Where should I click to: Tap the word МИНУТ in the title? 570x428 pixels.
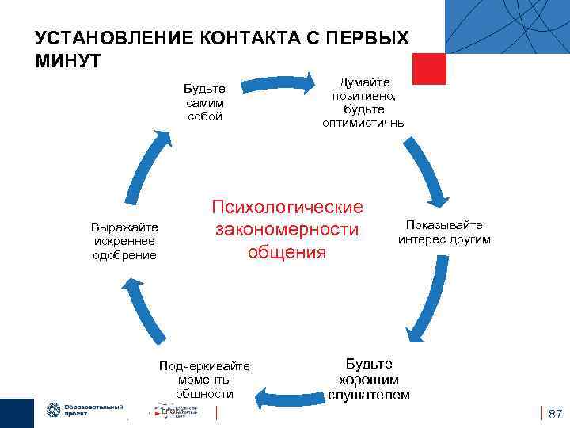[x=67, y=61]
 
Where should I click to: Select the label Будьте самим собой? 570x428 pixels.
[x=205, y=102]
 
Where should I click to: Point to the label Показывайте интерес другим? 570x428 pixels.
[x=444, y=232]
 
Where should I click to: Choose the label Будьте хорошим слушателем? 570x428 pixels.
[x=369, y=379]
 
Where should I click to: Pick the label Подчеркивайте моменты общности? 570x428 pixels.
[x=204, y=379]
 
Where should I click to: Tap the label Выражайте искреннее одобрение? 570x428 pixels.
[x=125, y=241]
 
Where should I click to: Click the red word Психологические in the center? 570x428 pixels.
[x=287, y=208]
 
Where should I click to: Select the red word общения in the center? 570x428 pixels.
[x=287, y=252]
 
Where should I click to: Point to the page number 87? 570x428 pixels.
[x=555, y=414]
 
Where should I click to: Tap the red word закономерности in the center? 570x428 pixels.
[x=287, y=230]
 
